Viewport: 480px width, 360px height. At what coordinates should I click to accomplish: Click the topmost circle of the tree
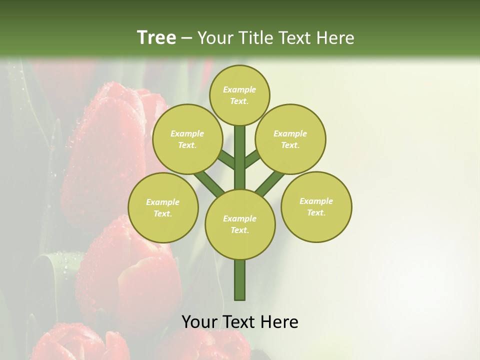pyautogui.click(x=239, y=95)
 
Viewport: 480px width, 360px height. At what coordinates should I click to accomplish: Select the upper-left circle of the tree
pyautogui.click(x=187, y=139)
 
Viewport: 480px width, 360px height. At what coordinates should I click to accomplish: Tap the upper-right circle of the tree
pyautogui.click(x=290, y=139)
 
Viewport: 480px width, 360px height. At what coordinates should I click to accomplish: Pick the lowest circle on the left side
pyautogui.click(x=163, y=207)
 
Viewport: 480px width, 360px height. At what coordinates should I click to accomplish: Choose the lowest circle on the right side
pyautogui.click(x=316, y=206)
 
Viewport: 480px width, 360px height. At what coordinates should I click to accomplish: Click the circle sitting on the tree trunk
pyautogui.click(x=240, y=224)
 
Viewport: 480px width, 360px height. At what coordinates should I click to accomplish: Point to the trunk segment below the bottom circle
pyautogui.click(x=240, y=280)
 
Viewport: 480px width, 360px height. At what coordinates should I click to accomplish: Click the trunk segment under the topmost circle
pyautogui.click(x=240, y=157)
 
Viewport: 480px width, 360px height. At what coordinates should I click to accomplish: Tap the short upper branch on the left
pyautogui.click(x=226, y=159)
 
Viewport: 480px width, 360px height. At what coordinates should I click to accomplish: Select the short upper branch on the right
pyautogui.click(x=253, y=158)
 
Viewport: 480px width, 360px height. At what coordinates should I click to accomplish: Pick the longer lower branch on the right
pyautogui.click(x=270, y=183)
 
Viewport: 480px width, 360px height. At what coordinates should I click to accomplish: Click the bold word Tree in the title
pyautogui.click(x=156, y=37)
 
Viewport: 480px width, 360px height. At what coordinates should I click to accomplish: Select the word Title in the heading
pyautogui.click(x=254, y=37)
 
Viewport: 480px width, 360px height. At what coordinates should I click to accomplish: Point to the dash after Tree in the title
pyautogui.click(x=186, y=38)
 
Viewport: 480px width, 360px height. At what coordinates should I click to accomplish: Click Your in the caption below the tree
pyautogui.click(x=198, y=322)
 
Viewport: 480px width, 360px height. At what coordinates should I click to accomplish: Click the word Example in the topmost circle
pyautogui.click(x=239, y=89)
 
